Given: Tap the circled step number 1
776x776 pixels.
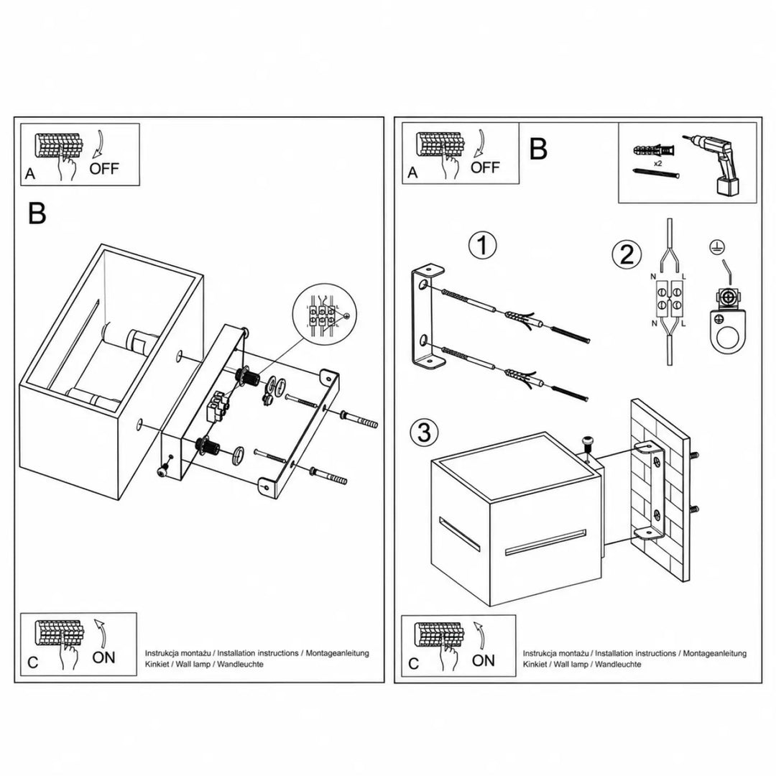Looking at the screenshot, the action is [483, 245].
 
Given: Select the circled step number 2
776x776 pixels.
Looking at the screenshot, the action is [627, 255].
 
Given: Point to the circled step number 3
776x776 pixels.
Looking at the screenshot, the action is [424, 432].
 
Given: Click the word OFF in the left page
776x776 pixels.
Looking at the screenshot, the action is [104, 168].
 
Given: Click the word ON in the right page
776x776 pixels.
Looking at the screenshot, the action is [483, 660].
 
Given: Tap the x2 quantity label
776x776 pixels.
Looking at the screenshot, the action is [657, 163].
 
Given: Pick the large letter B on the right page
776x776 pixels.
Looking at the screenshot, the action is [538, 149].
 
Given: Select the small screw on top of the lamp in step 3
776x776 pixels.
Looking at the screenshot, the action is [588, 443].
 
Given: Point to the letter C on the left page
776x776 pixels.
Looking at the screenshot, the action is [32, 662].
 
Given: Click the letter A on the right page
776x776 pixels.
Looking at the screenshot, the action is [412, 172].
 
